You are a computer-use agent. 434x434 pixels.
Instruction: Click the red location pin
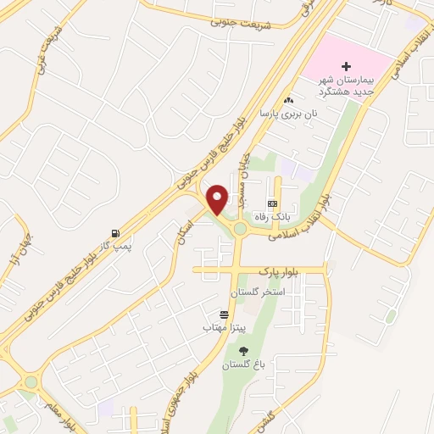218,199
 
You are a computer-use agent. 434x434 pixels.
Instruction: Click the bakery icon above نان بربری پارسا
289,100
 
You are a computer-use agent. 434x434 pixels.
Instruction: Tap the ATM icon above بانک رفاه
272,203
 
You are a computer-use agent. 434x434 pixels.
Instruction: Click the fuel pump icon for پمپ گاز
114,233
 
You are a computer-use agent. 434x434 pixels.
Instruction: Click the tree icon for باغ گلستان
244,351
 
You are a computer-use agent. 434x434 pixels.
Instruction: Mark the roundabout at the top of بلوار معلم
31,381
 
